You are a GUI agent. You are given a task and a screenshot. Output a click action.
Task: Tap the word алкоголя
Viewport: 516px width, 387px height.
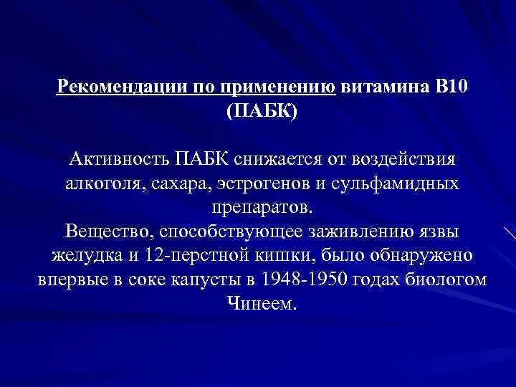click(x=105, y=183)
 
